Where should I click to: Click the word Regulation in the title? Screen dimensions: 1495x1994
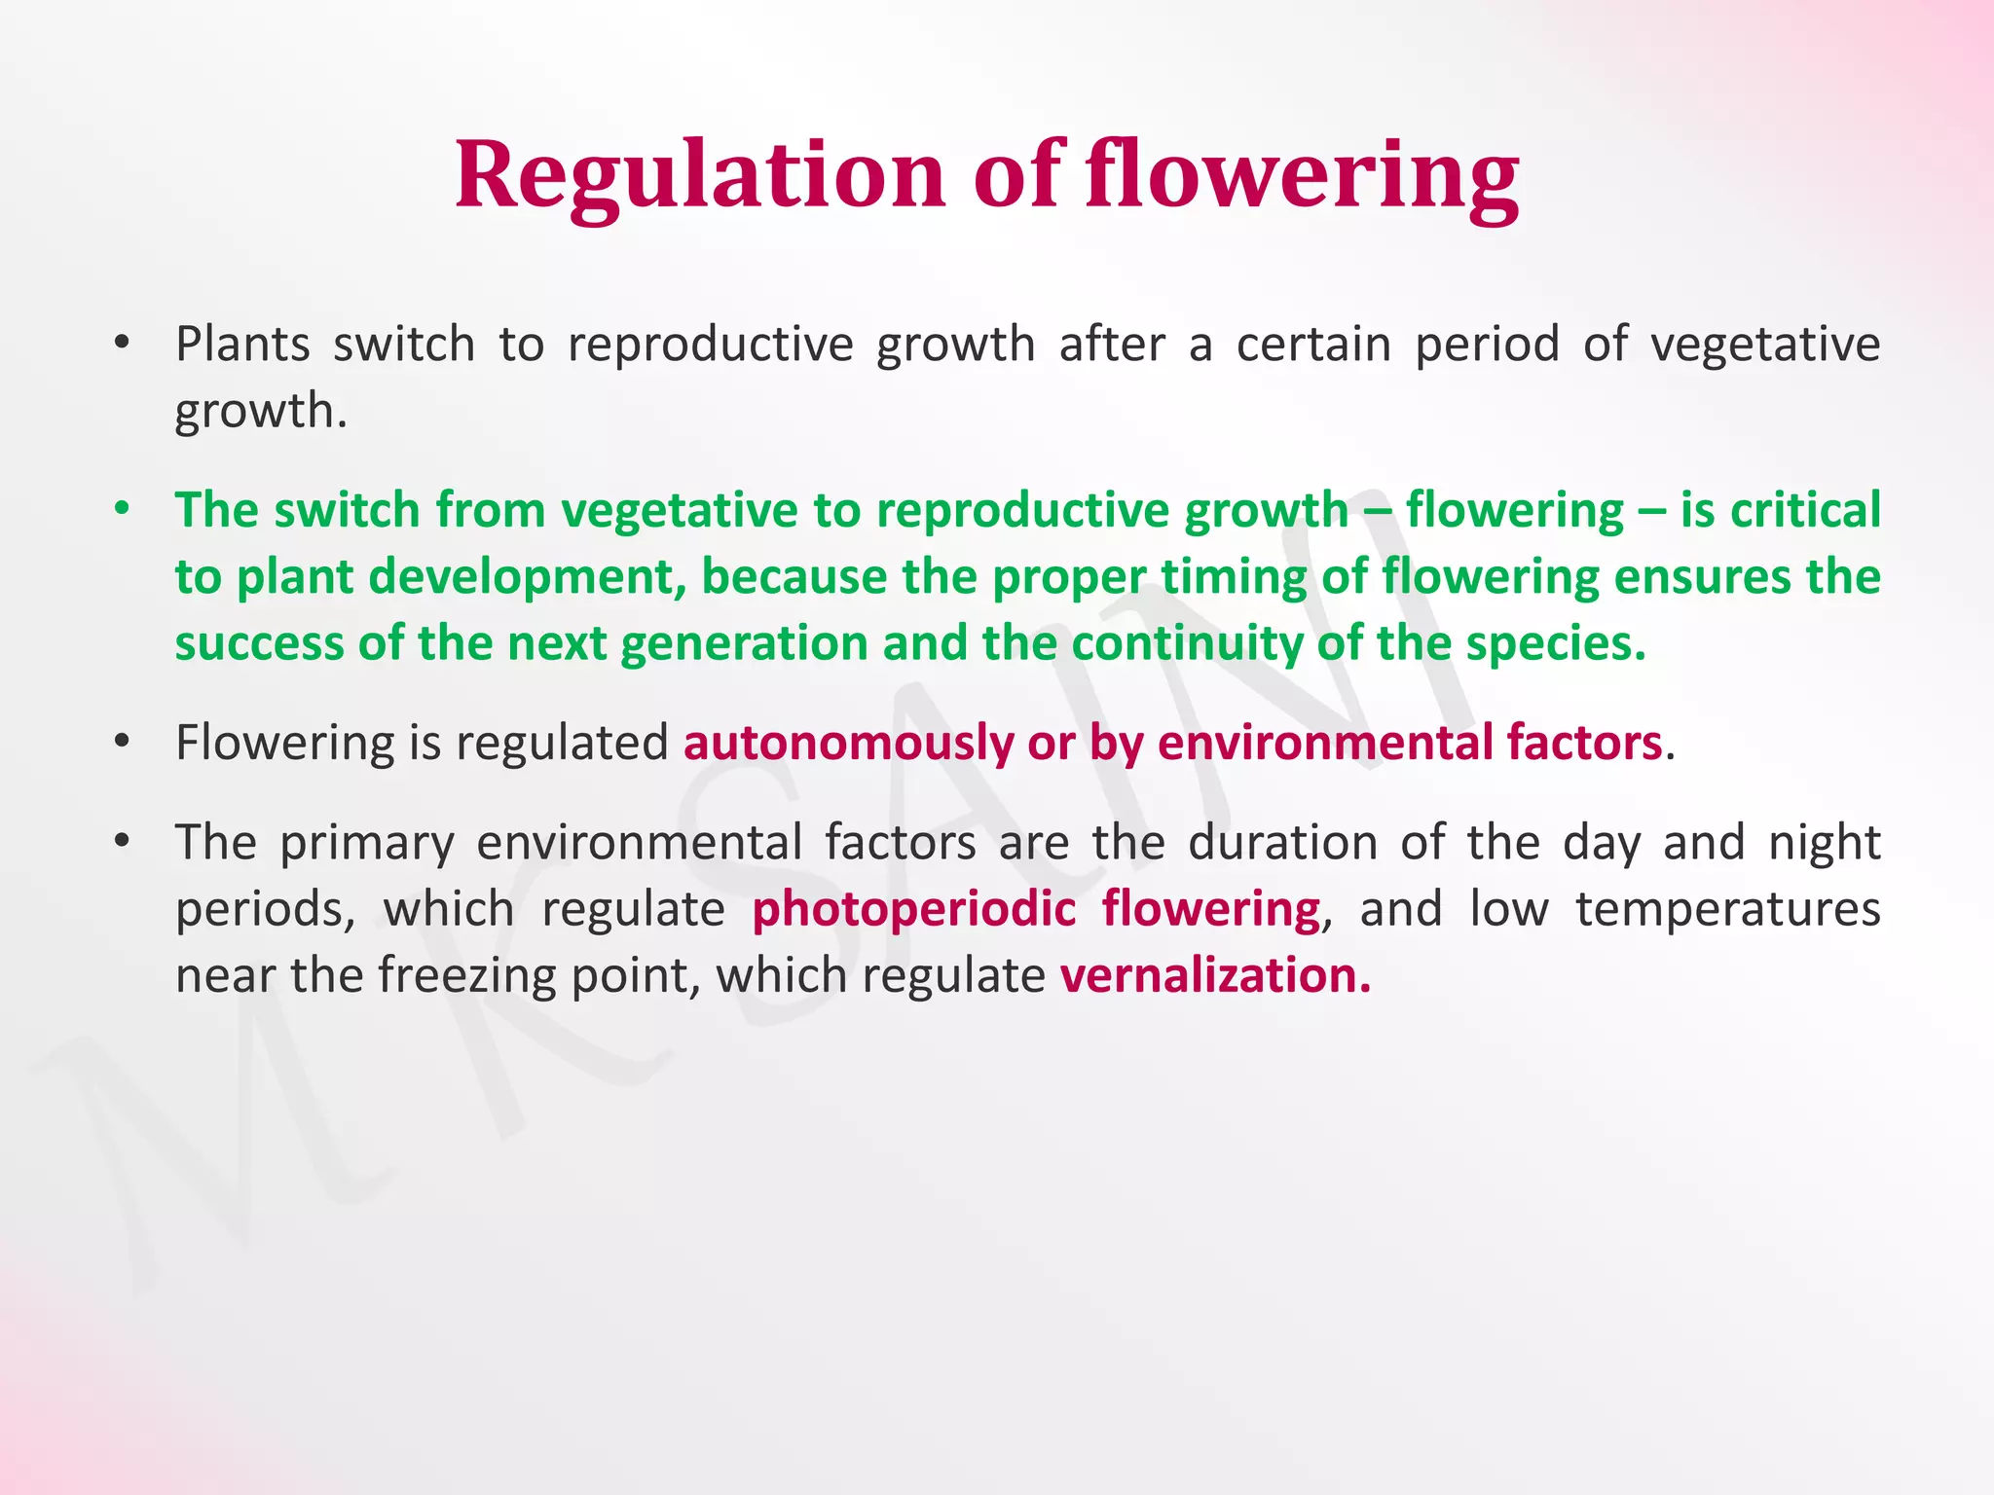click(699, 175)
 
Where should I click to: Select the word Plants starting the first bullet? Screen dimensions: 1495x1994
click(242, 345)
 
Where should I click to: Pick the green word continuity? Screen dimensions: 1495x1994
click(1186, 643)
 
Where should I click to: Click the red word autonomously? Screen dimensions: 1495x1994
click(848, 743)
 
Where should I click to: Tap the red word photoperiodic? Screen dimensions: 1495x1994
click(913, 909)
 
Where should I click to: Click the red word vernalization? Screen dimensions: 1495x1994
click(1214, 975)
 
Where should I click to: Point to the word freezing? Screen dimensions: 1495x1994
click(467, 975)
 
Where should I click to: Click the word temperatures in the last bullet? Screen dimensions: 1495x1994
click(1727, 909)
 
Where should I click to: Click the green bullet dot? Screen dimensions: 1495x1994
click(122, 510)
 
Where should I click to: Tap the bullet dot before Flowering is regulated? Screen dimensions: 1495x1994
click(122, 743)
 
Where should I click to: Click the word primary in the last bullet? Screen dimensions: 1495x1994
click(367, 842)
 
